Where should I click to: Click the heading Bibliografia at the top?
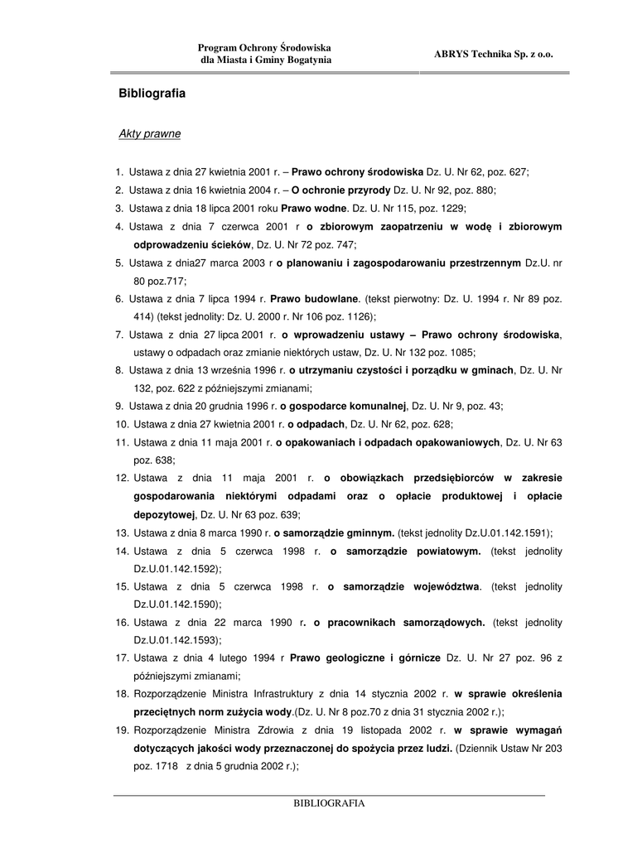coord(152,94)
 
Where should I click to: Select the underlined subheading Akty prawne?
coord(150,132)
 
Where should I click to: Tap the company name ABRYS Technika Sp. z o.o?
coord(493,54)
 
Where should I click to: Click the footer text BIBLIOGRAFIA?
coord(329,803)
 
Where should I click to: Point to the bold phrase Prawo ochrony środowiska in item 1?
coord(357,172)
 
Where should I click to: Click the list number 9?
coord(119,406)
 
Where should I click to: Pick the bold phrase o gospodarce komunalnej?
coord(343,406)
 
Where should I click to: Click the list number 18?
coord(122,694)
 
